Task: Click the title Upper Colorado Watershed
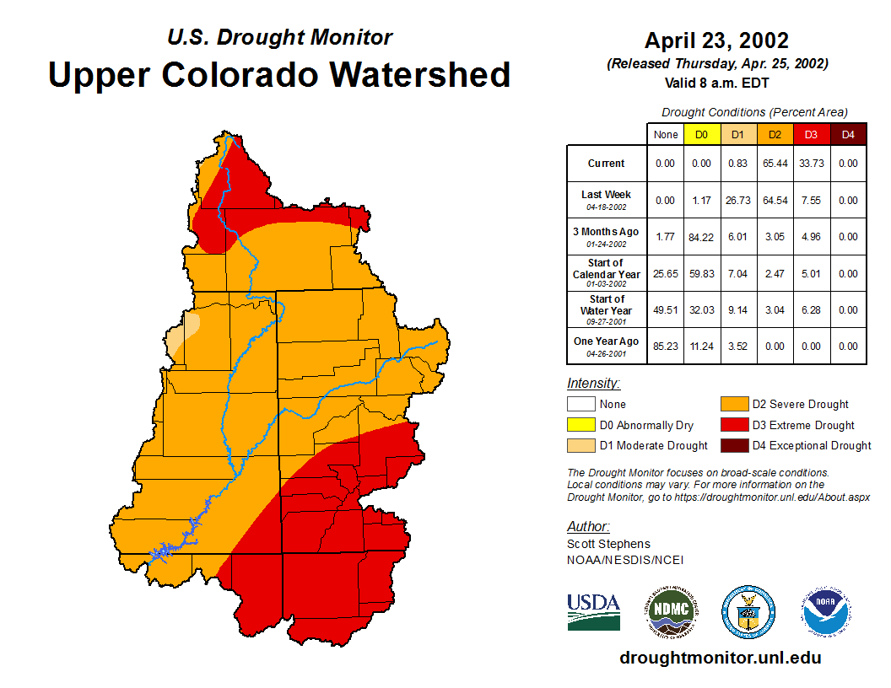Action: click(x=279, y=74)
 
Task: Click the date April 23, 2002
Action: click(x=716, y=40)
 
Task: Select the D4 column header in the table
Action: click(x=848, y=134)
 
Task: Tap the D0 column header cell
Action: click(x=702, y=134)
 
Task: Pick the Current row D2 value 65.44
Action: click(x=775, y=164)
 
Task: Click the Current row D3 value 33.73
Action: click(x=812, y=164)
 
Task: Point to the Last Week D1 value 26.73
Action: click(x=738, y=201)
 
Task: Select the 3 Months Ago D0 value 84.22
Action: click(x=702, y=237)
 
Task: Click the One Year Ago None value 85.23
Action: click(x=666, y=346)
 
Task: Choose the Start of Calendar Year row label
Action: click(x=607, y=273)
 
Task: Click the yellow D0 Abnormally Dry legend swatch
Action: click(x=580, y=425)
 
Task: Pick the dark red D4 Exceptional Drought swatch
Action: click(x=733, y=445)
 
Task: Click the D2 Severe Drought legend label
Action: click(x=800, y=405)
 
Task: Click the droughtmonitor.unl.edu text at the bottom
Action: click(x=720, y=658)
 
